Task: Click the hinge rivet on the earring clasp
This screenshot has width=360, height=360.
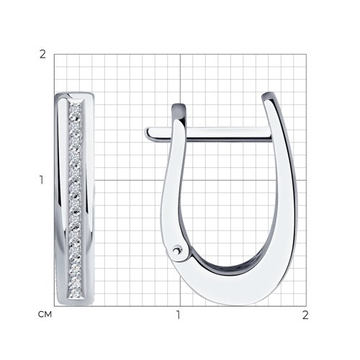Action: tap(177, 251)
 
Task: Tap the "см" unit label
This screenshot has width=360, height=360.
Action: tap(45, 314)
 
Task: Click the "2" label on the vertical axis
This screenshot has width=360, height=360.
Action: tap(42, 55)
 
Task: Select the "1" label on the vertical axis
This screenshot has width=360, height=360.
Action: tap(42, 180)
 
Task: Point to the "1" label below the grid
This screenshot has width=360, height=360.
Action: tap(178, 315)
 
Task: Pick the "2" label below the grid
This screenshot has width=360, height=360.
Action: tap(305, 315)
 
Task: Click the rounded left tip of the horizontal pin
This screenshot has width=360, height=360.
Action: tap(147, 133)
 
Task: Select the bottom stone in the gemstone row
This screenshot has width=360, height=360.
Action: tap(76, 293)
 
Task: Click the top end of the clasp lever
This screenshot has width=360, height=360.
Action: tap(179, 107)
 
